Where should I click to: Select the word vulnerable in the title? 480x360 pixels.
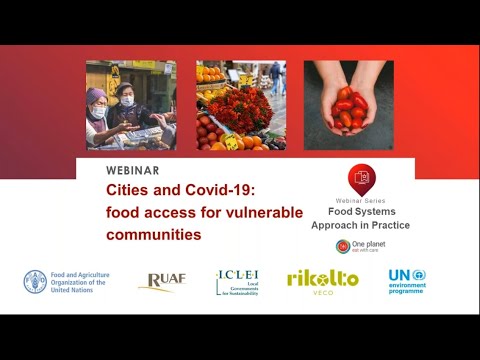coord(252,212)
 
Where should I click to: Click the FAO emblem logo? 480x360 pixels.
coord(35,281)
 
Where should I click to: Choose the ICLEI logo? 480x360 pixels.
coord(237,282)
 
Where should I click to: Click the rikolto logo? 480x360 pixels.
coord(322,280)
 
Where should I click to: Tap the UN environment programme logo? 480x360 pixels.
coord(407,281)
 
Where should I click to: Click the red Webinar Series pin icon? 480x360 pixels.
coord(361,179)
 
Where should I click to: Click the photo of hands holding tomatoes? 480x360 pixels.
coord(348,105)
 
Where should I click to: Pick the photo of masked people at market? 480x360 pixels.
coord(131,105)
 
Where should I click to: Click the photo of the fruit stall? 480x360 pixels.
coord(240,105)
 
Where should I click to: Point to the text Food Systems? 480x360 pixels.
coord(361,212)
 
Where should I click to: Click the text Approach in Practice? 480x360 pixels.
coord(361,225)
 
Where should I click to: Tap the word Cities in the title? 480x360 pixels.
coord(130,190)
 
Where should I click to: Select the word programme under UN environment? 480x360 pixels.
coord(407,291)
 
